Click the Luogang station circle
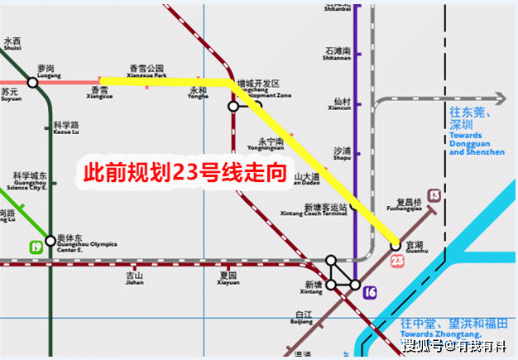click(32, 82)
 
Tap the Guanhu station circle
click(396, 245)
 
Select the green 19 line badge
click(36, 246)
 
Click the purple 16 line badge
click(370, 290)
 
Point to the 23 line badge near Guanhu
click(398, 262)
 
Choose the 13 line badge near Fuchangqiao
click(434, 195)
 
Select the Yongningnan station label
click(271, 144)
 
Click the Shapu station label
click(343, 154)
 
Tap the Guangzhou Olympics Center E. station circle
click(50, 241)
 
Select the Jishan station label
click(134, 278)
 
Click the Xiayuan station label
click(228, 278)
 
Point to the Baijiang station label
click(304, 318)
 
